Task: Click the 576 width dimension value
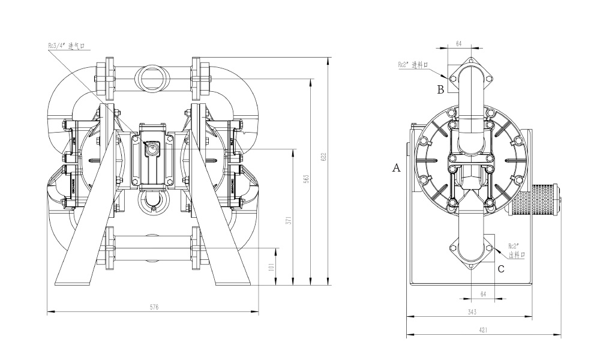pyautogui.click(x=154, y=307)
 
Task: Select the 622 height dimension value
pyautogui.click(x=325, y=158)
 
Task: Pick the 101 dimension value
pyautogui.click(x=272, y=266)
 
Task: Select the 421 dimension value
pyautogui.click(x=483, y=330)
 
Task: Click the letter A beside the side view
pyautogui.click(x=396, y=169)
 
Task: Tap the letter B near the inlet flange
pyautogui.click(x=440, y=89)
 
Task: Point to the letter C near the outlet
pyautogui.click(x=501, y=269)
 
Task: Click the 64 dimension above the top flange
pyautogui.click(x=459, y=44)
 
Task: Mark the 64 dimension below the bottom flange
pyautogui.click(x=483, y=293)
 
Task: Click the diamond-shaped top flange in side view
pyautogui.click(x=470, y=75)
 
